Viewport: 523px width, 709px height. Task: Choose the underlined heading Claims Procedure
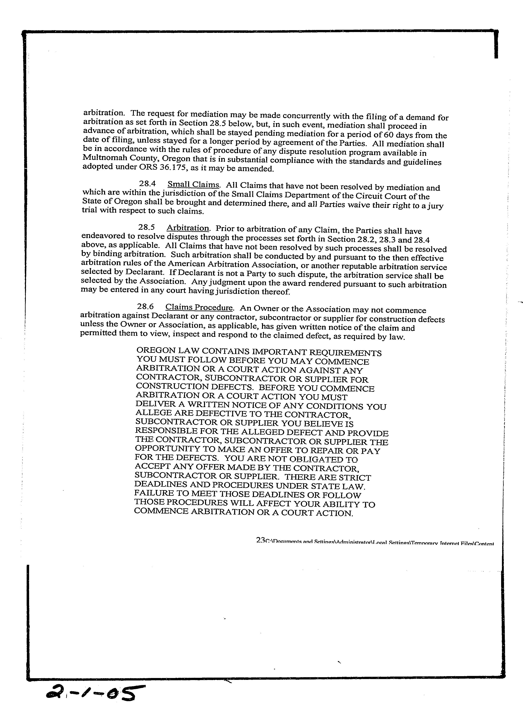[x=199, y=307]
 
